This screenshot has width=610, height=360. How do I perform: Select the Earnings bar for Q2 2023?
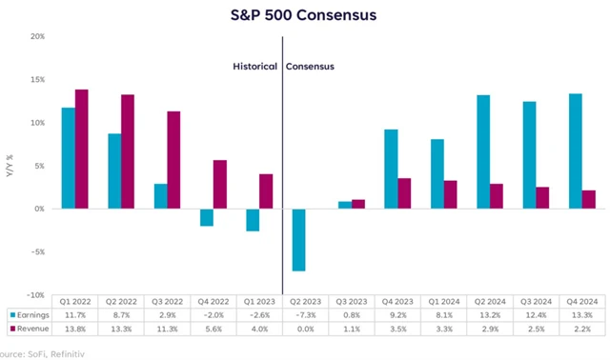[298, 239]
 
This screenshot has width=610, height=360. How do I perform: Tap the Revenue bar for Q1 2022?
[81, 149]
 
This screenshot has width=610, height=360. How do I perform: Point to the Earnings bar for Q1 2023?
[252, 219]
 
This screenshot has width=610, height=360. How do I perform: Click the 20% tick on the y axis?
[37, 36]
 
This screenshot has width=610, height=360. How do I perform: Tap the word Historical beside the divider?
[255, 67]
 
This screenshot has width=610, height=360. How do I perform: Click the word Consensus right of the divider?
[312, 67]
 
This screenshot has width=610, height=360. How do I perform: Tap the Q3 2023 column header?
[351, 299]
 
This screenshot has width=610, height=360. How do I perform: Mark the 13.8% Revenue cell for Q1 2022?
[76, 329]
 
